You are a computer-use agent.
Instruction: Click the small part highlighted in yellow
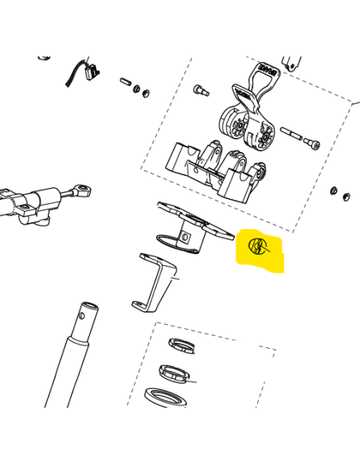click(x=257, y=246)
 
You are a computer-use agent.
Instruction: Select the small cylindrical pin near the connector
click(x=126, y=81)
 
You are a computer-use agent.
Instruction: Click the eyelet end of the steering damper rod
click(x=80, y=190)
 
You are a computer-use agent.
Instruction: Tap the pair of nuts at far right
click(x=341, y=193)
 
